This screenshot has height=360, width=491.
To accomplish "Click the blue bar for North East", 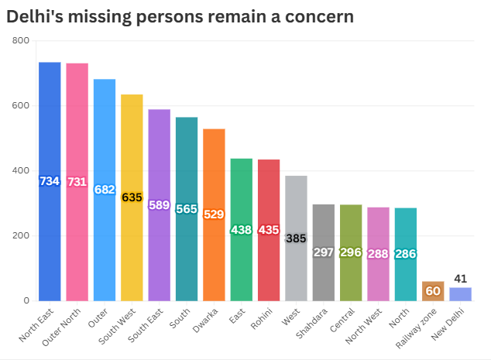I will [50, 232].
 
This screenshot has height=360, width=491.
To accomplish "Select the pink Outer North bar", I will [77, 232].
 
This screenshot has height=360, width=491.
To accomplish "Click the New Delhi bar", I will [460, 294].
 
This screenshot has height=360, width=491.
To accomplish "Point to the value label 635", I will [132, 197].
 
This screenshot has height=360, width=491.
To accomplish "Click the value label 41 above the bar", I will [460, 279].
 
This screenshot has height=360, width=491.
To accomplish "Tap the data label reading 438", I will [242, 230].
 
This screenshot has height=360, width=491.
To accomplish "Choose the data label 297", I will [324, 252].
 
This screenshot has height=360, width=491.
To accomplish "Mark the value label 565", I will [187, 209].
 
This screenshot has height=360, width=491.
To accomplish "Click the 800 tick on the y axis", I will [21, 40].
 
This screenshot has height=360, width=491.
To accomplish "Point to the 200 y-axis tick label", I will [21, 235].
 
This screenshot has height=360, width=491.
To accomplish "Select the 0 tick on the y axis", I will [26, 300].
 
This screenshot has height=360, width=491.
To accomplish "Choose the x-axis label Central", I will [342, 320].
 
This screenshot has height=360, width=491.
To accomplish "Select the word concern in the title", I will [317, 16].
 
